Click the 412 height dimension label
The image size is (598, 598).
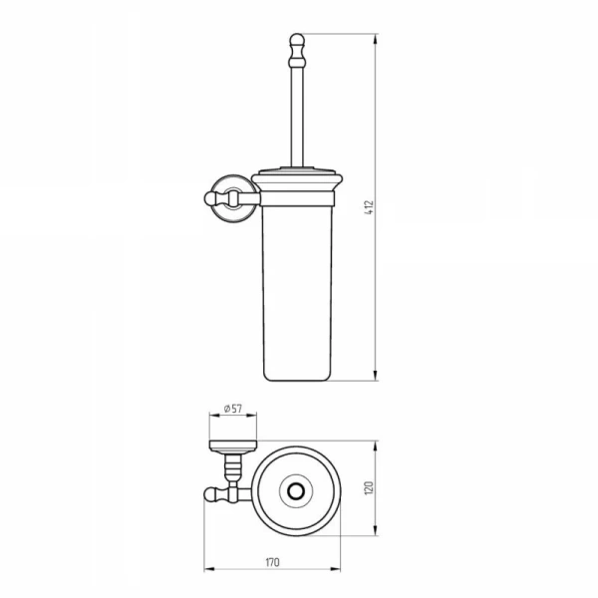369,207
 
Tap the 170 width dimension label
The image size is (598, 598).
272,562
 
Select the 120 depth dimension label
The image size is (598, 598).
369,488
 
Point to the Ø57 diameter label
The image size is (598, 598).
233,409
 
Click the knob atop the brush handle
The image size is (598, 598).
297,50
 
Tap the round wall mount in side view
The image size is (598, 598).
231,198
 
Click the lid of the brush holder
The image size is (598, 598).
297,180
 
